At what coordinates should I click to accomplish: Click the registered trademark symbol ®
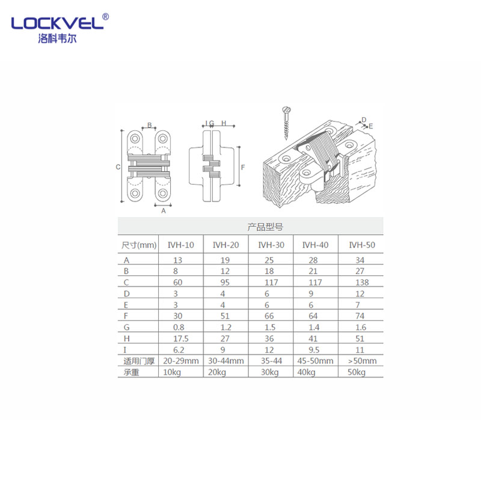[106, 17]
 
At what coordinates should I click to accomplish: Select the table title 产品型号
[265, 227]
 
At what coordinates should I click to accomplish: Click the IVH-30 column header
[271, 245]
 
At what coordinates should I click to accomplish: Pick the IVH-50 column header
[361, 245]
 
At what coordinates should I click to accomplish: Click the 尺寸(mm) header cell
[139, 245]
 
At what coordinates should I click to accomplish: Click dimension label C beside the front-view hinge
[118, 167]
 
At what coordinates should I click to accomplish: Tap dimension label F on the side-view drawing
[242, 167]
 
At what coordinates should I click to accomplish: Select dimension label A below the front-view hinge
[163, 210]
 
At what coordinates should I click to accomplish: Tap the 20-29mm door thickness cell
[181, 361]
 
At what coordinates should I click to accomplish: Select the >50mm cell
[362, 361]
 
